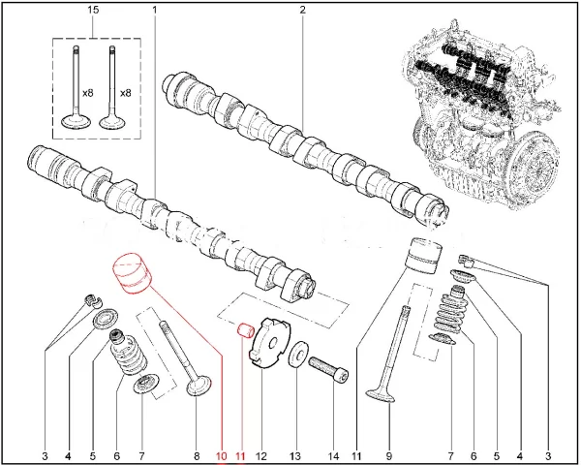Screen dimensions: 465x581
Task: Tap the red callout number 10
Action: [x=221, y=453]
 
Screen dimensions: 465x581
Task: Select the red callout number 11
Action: [x=241, y=453]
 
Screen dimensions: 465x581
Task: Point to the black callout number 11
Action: [x=356, y=453]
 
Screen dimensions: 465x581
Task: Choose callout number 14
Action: [x=333, y=453]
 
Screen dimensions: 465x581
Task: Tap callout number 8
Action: [x=197, y=453]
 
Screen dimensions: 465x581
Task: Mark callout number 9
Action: [x=387, y=453]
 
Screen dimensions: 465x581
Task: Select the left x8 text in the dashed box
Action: [x=86, y=92]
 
